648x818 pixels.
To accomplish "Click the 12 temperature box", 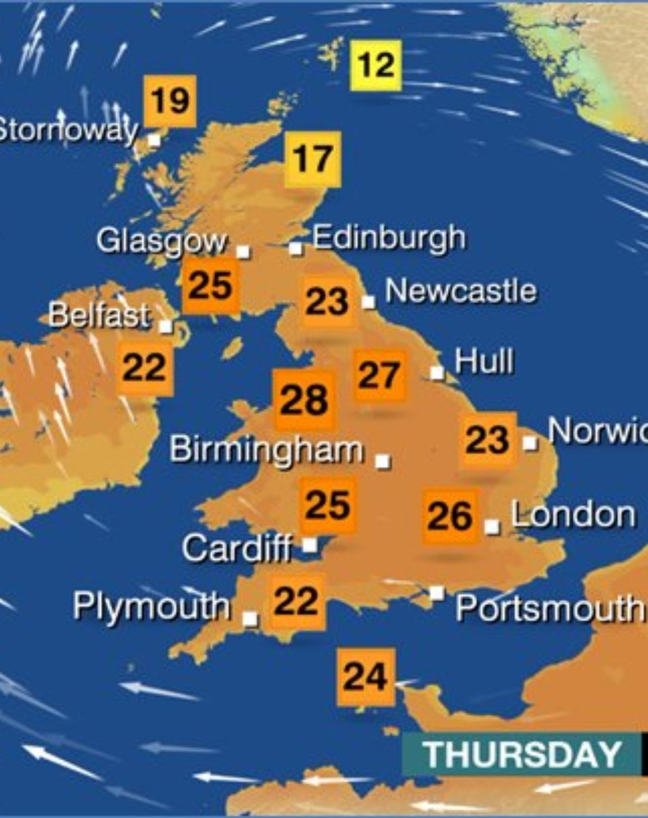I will (x=376, y=65).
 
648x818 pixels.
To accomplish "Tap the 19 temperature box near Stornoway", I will (x=170, y=101).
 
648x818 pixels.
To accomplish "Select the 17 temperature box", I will (x=312, y=160).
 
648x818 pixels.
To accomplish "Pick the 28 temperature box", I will (x=304, y=400).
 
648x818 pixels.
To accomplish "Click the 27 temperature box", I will (x=379, y=376).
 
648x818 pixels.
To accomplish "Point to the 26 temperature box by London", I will (x=450, y=516).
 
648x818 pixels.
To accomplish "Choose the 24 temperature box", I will (x=366, y=677).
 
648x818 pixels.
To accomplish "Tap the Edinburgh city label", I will (x=389, y=238).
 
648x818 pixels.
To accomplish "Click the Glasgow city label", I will (x=162, y=241).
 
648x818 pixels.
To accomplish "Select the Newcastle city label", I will (x=460, y=291).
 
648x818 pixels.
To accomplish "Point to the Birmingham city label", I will (x=266, y=450).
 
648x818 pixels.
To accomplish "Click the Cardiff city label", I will (x=236, y=547).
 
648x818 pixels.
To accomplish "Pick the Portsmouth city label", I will (x=549, y=607).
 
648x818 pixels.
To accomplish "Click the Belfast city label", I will (x=100, y=316).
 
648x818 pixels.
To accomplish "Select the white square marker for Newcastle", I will (x=368, y=301).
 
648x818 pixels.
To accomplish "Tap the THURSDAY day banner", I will (x=521, y=754).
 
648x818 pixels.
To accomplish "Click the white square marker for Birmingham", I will (x=383, y=461).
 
